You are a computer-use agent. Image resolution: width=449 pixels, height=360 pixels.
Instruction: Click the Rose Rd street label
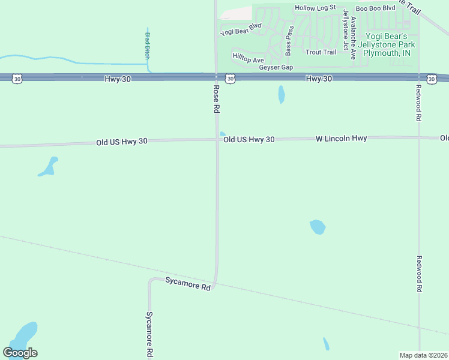coord(217,99)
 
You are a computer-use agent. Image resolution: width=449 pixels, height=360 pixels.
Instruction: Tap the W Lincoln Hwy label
coord(341,139)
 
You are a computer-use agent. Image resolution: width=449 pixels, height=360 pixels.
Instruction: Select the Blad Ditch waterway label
coord(147,45)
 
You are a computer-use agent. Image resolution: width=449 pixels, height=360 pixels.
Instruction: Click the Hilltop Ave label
coord(248,59)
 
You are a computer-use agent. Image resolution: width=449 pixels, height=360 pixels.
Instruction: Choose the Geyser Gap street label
coord(276,67)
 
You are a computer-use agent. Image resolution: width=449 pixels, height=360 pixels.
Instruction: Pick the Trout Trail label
coord(321,52)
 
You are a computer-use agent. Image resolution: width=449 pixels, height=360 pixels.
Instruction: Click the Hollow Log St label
coord(315,8)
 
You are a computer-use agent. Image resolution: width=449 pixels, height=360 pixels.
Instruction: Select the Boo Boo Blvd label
coord(375,8)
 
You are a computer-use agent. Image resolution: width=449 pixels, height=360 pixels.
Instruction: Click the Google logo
coord(20,353)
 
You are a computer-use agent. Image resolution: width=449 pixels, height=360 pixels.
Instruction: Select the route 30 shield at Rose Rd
coord(230,79)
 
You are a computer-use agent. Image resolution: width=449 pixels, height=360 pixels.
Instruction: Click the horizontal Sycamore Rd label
coord(188,284)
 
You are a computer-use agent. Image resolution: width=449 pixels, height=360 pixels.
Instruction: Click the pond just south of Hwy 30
coord(281,94)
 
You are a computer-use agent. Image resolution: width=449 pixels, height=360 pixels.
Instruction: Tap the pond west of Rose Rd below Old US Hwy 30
coord(48,166)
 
